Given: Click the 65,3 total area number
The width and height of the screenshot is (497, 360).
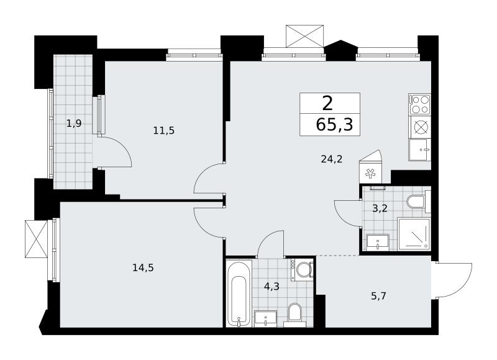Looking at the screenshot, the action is pyautogui.click(x=334, y=124).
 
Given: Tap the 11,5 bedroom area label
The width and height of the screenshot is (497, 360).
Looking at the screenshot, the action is pyautogui.click(x=164, y=131).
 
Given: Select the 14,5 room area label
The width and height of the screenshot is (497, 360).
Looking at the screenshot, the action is pyautogui.click(x=143, y=268).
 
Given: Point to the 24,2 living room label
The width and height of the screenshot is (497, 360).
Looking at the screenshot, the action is pyautogui.click(x=332, y=159).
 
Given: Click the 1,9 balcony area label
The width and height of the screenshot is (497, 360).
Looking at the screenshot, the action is pyautogui.click(x=74, y=123).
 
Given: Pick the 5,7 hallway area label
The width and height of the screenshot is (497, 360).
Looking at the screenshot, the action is pyautogui.click(x=378, y=296).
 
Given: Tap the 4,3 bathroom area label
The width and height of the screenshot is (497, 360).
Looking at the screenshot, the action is pyautogui.click(x=271, y=287).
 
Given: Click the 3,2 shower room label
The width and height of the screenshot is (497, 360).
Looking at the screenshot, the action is pyautogui.click(x=380, y=209).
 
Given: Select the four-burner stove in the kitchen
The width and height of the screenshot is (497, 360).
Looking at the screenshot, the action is pyautogui.click(x=420, y=104).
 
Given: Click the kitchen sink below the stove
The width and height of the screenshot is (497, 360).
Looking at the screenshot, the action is pyautogui.click(x=420, y=150).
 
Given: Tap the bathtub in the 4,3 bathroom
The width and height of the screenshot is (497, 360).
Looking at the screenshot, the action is pyautogui.click(x=240, y=294).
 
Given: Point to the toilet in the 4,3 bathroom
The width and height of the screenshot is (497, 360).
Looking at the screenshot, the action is pyautogui.click(x=294, y=315).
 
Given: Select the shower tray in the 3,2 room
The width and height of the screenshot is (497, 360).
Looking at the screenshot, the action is pyautogui.click(x=414, y=234).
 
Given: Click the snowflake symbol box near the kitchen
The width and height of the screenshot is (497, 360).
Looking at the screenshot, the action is pyautogui.click(x=370, y=173).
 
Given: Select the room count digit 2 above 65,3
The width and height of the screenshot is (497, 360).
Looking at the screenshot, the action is pyautogui.click(x=327, y=104).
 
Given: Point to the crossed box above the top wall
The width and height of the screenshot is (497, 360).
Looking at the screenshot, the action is pyautogui.click(x=305, y=36).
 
